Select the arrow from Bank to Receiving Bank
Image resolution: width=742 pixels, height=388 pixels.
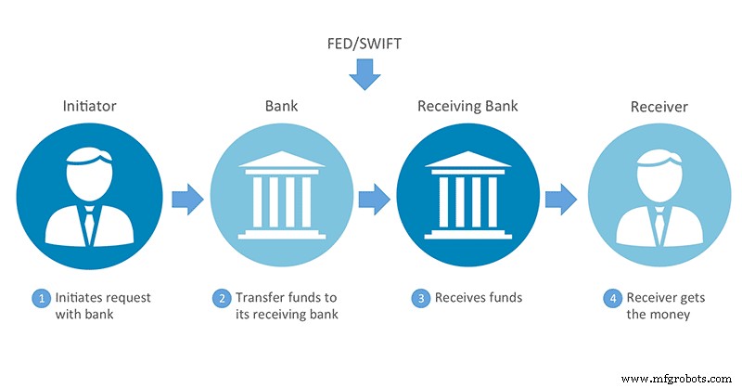[373, 199]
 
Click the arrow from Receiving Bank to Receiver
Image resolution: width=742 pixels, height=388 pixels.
[559, 199]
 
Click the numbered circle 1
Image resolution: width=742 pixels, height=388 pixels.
[40, 299]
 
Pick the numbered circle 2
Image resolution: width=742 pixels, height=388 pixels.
[222, 299]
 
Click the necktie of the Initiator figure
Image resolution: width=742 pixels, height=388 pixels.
[91, 220]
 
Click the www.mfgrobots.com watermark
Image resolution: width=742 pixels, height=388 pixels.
[679, 377]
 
